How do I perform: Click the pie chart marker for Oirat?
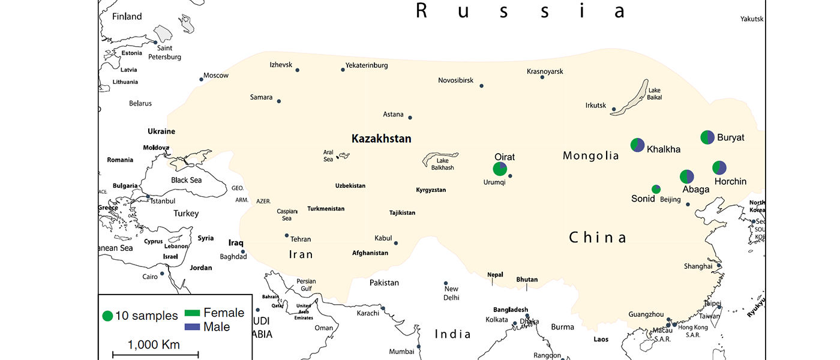tap(500, 169)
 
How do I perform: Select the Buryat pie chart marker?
tap(707, 137)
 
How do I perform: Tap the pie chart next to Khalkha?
tap(637, 145)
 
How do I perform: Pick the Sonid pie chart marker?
tap(656, 190)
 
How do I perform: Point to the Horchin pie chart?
tap(719, 168)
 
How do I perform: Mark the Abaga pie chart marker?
tap(686, 176)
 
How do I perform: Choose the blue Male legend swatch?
tap(193, 327)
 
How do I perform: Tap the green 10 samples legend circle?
tap(107, 316)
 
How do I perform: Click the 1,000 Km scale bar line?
tap(154, 356)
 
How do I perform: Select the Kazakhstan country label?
tap(381, 139)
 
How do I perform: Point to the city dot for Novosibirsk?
tap(481, 86)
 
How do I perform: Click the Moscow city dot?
tap(201, 79)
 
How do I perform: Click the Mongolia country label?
tap(590, 156)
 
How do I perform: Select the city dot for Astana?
tap(410, 118)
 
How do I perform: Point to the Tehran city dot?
tap(287, 235)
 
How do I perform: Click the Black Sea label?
tap(186, 180)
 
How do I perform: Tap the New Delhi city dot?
tap(446, 283)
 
